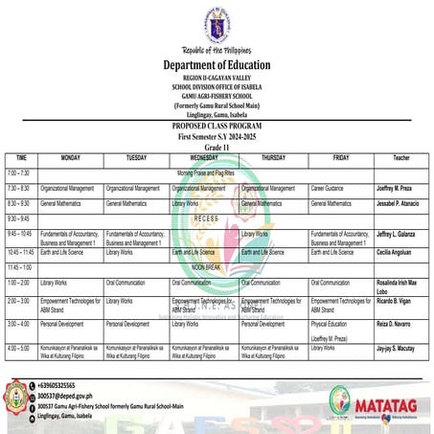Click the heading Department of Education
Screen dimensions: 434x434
[x=217, y=65]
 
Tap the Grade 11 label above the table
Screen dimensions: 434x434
[x=216, y=146]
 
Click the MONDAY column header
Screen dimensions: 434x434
[x=70, y=156]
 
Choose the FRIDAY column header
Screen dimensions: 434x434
[x=340, y=156]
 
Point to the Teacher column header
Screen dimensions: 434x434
[x=400, y=157]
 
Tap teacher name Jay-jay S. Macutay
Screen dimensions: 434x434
[x=400, y=350]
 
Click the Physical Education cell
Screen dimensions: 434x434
[x=331, y=325]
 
